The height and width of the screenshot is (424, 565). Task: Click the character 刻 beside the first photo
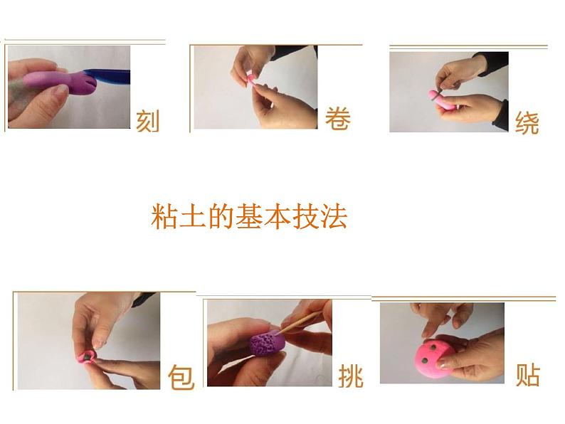[x=147, y=122]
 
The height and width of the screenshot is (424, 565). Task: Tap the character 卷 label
[x=337, y=118]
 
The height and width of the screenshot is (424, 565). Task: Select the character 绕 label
[x=527, y=123]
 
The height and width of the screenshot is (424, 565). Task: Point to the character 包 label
[x=181, y=377]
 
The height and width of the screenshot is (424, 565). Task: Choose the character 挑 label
[x=351, y=376]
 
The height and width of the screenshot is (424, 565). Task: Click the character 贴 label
[x=527, y=376]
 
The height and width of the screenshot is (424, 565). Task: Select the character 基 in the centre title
[x=249, y=216]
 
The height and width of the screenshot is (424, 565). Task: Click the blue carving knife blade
[x=107, y=76]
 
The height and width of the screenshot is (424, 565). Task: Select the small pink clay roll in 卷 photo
[x=250, y=78]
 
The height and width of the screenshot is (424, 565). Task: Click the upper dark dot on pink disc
[x=431, y=347]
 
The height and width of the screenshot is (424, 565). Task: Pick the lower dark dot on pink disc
[x=426, y=361]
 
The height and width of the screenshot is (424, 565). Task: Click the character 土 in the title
[x=192, y=216]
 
